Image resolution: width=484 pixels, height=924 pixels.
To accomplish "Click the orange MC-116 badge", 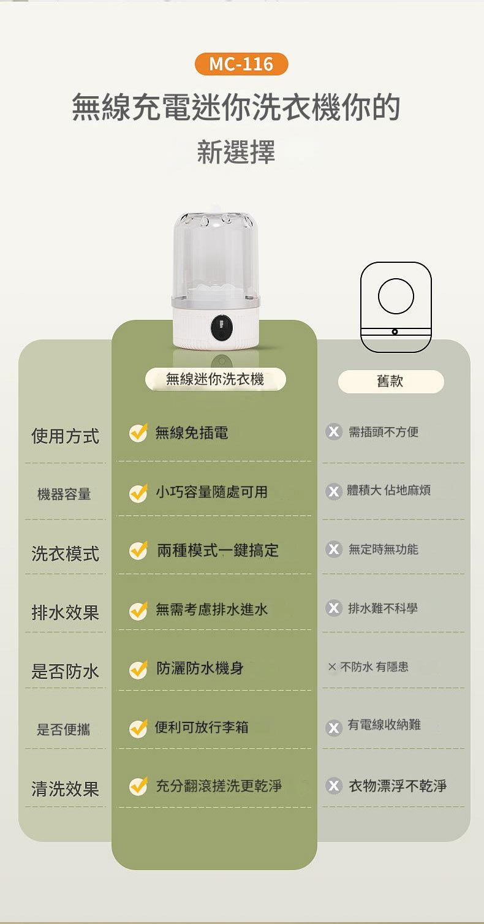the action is tap(241, 64).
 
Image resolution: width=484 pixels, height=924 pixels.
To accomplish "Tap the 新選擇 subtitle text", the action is tap(236, 152).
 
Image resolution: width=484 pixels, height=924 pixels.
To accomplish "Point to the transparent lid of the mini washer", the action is tap(216, 256).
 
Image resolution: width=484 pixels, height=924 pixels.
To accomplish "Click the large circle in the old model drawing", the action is tap(396, 296).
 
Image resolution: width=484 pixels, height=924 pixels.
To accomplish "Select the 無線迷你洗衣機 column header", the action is tap(215, 379).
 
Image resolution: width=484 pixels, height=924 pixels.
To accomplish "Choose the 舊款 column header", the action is tap(391, 381).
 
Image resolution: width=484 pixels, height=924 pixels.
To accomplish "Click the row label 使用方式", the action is tap(65, 436).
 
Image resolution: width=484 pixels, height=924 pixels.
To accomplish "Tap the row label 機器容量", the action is tap(64, 494).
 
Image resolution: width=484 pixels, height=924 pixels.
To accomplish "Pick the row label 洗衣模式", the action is tap(65, 553).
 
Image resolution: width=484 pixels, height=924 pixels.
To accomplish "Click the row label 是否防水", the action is tap(65, 671).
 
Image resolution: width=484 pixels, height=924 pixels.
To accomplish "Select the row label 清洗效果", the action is tap(65, 789).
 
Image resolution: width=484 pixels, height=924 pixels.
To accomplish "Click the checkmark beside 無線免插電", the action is tap(138, 433).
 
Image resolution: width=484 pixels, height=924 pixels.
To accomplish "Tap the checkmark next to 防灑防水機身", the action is tap(138, 670).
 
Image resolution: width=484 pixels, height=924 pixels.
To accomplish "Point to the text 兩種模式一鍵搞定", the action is tap(218, 550).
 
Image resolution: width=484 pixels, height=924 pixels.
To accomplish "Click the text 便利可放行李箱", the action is tap(202, 727).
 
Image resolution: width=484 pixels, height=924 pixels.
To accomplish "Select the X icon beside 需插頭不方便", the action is tap(334, 432).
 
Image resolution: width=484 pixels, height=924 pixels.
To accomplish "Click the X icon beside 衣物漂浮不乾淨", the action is tap(334, 786).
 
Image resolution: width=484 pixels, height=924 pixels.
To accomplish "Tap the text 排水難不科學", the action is tap(383, 608).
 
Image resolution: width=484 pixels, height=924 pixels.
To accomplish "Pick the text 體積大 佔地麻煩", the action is tap(388, 490).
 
